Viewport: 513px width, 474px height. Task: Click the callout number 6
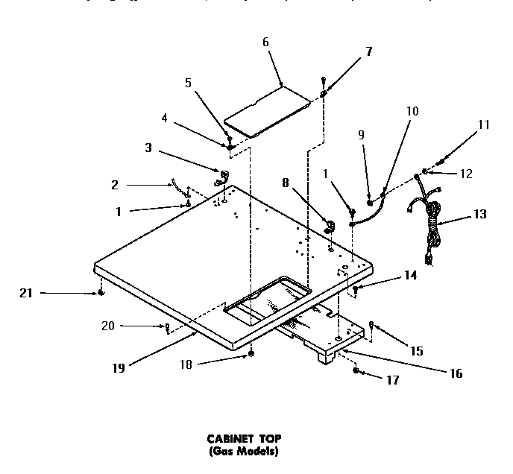(x=265, y=42)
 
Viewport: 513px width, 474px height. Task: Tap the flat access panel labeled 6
(x=270, y=112)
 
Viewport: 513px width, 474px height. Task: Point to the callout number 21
(x=25, y=293)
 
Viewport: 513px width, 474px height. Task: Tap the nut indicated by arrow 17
(x=357, y=370)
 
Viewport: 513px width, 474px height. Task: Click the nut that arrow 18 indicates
(x=252, y=353)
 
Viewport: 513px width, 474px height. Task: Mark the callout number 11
(x=484, y=124)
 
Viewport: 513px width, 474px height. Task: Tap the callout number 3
(x=148, y=148)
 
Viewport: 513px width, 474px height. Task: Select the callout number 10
(x=412, y=111)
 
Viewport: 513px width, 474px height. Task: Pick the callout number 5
(x=189, y=83)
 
